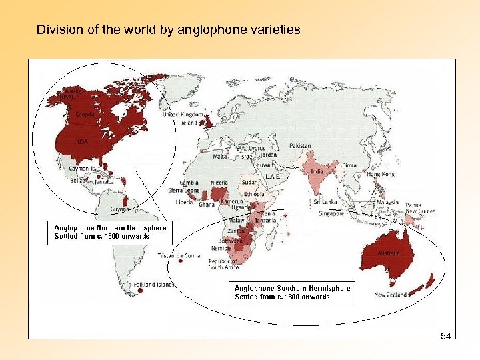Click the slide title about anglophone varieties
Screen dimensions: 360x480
point(168,30)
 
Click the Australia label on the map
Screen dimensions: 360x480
point(389,254)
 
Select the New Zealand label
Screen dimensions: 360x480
point(391,295)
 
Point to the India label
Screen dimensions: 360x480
point(317,171)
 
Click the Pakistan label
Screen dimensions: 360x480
point(299,146)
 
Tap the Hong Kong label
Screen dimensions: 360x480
point(381,174)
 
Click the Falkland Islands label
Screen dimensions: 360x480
point(154,285)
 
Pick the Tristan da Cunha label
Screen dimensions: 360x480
point(179,255)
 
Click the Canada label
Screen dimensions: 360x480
point(85,115)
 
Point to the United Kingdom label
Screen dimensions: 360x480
point(180,115)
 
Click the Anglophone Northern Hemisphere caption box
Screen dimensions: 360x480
point(110,232)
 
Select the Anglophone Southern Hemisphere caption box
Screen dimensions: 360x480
point(292,293)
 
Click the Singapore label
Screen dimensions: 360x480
point(331,214)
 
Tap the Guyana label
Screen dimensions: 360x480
point(120,209)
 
